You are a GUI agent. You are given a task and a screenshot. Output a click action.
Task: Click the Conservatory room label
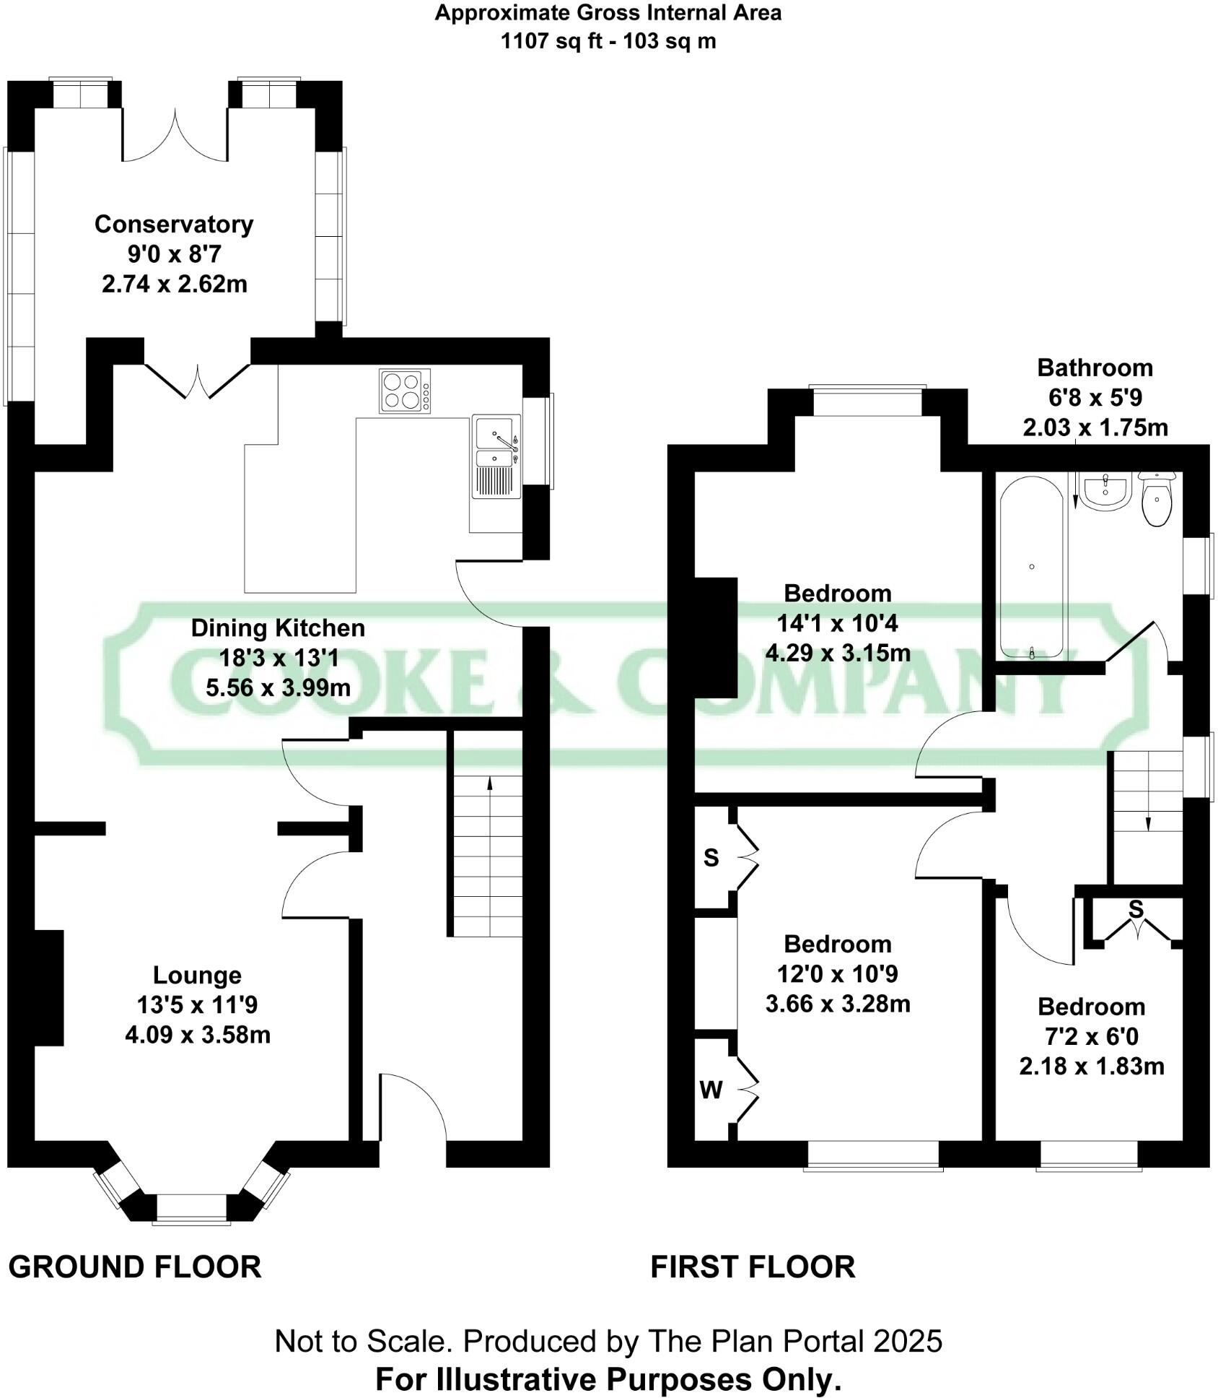174,225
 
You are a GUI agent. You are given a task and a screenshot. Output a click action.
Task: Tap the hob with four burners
404,391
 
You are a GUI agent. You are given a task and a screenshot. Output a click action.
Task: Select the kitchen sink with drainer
496,456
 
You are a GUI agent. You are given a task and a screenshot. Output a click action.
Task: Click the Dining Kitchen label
278,628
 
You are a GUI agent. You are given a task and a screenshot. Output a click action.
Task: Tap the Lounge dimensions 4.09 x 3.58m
197,1035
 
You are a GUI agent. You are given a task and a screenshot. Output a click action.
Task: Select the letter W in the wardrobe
711,1090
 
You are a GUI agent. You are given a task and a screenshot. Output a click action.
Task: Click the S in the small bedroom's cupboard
1136,910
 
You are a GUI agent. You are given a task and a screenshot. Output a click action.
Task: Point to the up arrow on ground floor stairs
490,784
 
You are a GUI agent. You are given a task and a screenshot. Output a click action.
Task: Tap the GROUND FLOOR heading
135,1267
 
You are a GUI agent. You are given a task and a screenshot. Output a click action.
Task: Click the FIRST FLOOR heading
753,1267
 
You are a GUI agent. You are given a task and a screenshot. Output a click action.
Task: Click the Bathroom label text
1095,368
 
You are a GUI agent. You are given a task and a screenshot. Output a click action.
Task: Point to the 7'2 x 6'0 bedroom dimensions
1091,1037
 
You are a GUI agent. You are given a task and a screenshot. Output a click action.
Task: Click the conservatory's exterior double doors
175,137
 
